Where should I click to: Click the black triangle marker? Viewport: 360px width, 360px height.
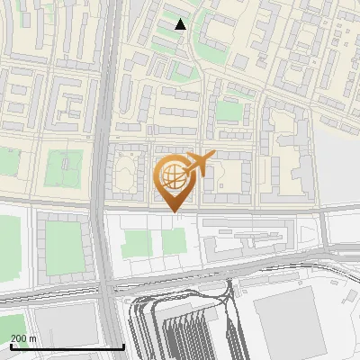click(x=181, y=24)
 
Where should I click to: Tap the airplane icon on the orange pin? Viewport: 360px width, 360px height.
click(x=200, y=164)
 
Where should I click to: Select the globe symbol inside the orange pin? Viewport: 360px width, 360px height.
click(x=175, y=175)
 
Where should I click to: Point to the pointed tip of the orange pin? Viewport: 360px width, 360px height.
click(x=175, y=212)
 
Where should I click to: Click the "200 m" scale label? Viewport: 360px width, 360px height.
click(x=23, y=338)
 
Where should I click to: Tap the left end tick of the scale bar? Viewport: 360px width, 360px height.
click(x=11, y=346)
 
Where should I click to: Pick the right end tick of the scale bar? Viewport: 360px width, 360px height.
click(x=123, y=346)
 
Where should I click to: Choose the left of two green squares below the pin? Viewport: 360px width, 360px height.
click(x=137, y=242)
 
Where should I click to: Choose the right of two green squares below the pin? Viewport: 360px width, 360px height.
click(x=174, y=240)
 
